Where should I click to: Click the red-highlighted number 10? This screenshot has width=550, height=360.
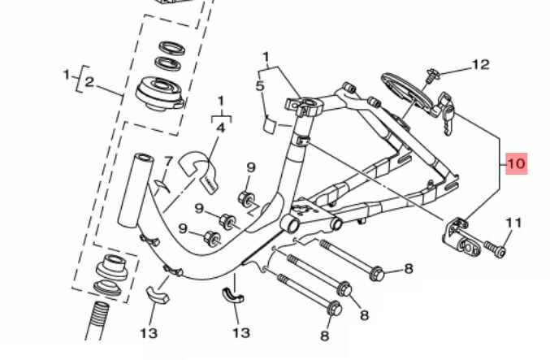[516, 163]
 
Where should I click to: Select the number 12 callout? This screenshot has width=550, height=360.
[480, 64]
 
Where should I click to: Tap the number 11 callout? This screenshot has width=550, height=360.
[513, 222]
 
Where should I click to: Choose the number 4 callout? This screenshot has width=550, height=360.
[220, 127]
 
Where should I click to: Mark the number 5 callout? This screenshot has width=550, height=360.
[261, 85]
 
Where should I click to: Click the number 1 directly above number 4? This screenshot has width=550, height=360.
[219, 100]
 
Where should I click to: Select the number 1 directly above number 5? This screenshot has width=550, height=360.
[265, 57]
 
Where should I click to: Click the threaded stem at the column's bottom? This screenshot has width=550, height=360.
[97, 322]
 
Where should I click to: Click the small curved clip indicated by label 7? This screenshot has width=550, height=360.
[160, 186]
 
